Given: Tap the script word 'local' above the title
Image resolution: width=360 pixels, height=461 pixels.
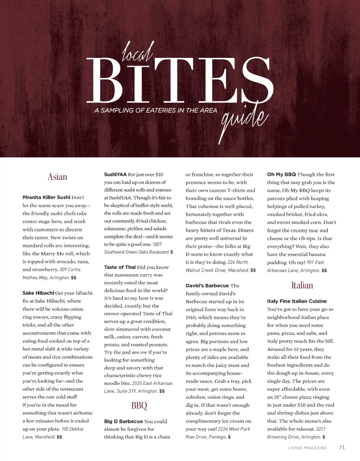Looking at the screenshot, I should click(x=137, y=53).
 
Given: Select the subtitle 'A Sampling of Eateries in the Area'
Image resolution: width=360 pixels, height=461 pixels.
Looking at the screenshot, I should click(x=156, y=110).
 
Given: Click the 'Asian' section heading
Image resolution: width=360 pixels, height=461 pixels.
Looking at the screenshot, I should click(x=57, y=177).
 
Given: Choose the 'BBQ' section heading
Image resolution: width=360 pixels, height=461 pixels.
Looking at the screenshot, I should click(x=139, y=406).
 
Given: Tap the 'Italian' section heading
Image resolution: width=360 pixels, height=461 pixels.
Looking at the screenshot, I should click(x=302, y=285).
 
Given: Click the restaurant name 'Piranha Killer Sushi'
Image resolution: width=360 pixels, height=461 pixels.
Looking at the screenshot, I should click(x=46, y=197).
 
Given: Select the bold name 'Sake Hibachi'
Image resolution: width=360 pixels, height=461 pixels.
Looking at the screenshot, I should click(x=38, y=293).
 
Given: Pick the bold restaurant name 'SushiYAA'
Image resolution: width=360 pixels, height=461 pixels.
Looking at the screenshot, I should click(x=115, y=174).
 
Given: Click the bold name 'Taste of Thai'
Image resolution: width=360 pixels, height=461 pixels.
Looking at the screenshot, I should click(x=120, y=267).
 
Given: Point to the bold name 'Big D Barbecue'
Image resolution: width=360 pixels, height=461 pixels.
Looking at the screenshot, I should click(x=123, y=421).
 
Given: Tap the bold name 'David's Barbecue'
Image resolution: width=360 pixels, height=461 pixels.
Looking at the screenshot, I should click(x=207, y=286).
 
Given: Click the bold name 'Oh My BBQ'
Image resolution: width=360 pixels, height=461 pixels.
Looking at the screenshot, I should click(x=282, y=174).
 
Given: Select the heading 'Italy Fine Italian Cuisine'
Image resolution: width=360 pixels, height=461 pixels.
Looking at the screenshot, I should click(x=297, y=301).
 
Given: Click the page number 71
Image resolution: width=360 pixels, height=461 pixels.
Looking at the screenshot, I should click(x=342, y=447).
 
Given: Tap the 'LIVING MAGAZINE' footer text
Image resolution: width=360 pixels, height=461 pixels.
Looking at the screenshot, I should click(x=307, y=448).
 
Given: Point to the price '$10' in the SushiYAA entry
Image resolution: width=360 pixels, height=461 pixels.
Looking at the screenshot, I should click(x=159, y=174).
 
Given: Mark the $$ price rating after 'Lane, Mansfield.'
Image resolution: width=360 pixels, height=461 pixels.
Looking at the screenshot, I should click(x=59, y=437).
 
